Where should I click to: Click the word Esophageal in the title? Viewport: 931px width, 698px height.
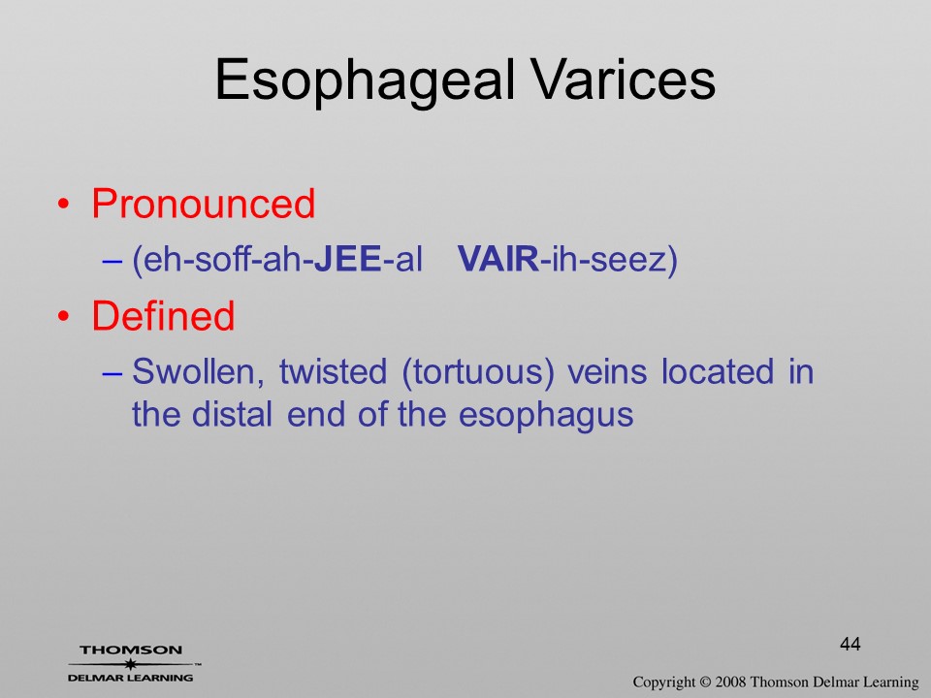(364, 81)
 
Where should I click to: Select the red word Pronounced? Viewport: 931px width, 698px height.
(203, 204)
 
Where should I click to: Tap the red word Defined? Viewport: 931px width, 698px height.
(163, 315)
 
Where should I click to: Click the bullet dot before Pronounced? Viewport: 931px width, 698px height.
(64, 205)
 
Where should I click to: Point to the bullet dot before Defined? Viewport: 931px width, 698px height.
(64, 316)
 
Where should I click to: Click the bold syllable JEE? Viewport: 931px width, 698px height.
(347, 259)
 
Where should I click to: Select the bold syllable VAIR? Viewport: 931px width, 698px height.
(498, 259)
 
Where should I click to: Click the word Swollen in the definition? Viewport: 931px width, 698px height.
(198, 372)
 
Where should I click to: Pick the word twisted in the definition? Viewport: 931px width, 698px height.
(333, 371)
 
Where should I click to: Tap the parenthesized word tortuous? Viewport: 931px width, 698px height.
(478, 373)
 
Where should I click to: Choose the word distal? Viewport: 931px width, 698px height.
(232, 414)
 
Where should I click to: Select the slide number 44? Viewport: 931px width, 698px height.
(851, 644)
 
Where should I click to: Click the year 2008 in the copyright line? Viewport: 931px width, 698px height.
(731, 682)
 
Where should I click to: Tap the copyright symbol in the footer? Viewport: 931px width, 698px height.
(705, 682)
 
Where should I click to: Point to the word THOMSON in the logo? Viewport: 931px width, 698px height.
(131, 650)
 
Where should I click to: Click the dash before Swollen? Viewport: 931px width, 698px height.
(112, 373)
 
